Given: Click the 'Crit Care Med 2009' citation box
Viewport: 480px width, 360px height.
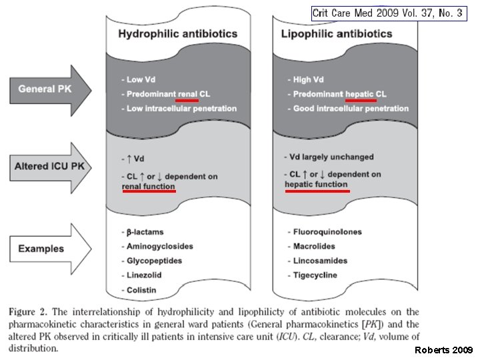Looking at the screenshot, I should click(x=387, y=13).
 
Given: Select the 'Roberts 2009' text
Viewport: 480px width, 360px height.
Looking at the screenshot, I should click(x=443, y=350).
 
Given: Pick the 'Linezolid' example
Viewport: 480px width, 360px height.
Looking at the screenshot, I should click(x=146, y=275).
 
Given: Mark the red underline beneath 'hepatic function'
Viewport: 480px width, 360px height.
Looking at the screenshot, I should click(x=317, y=190).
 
